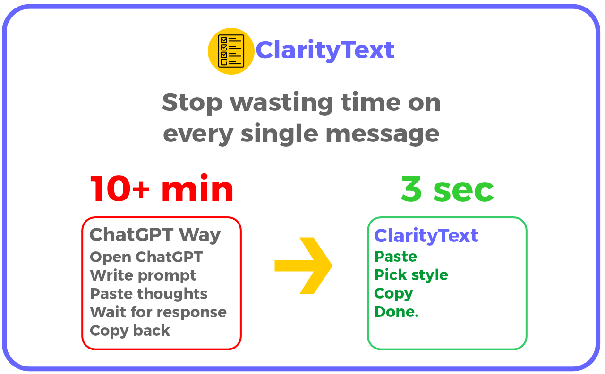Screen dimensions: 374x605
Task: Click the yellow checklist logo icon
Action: pyautogui.click(x=231, y=51)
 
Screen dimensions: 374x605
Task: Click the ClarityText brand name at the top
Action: pyautogui.click(x=325, y=50)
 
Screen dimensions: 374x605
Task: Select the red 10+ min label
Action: pyautogui.click(x=162, y=190)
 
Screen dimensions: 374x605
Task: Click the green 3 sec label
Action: pyautogui.click(x=447, y=190)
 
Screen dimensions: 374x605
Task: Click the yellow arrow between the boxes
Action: pyautogui.click(x=304, y=266)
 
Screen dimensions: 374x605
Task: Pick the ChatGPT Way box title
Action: pyautogui.click(x=155, y=234)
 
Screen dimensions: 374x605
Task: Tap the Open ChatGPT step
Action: pyautogui.click(x=146, y=257)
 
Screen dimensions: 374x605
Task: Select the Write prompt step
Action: pyautogui.click(x=143, y=275)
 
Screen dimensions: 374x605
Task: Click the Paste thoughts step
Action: pyautogui.click(x=148, y=294)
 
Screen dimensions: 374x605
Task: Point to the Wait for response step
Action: pyautogui.click(x=158, y=312)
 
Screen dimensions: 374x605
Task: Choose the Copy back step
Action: pyautogui.click(x=129, y=331)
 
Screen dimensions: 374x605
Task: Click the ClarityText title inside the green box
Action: pyautogui.click(x=426, y=235)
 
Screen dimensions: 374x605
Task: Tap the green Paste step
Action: pyautogui.click(x=395, y=257)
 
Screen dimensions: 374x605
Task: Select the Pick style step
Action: pyautogui.click(x=411, y=275)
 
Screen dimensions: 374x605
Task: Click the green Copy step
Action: pyautogui.click(x=393, y=294)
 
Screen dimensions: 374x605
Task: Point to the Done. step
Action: pyautogui.click(x=396, y=312)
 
